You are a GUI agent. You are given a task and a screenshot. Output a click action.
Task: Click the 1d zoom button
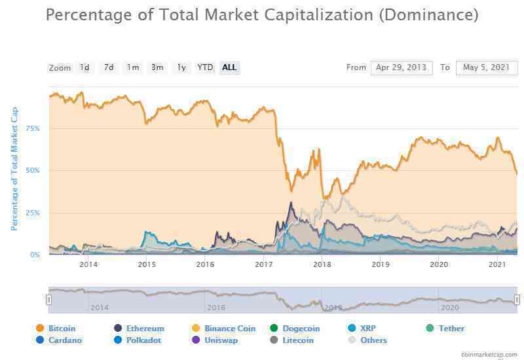tap(84, 67)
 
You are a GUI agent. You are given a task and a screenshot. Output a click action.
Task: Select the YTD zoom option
tap(205, 67)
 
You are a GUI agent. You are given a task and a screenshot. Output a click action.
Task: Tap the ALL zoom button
tap(230, 67)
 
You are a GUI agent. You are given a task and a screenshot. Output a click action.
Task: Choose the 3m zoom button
tap(157, 67)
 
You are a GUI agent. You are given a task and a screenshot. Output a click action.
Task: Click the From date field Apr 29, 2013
tap(402, 68)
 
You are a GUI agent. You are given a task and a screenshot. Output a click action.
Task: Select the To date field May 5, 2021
tap(486, 68)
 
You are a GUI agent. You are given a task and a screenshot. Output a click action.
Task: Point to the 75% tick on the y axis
tap(33, 128)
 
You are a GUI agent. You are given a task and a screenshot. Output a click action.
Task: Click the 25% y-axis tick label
tap(33, 213)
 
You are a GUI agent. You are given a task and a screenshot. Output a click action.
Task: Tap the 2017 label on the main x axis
tap(264, 264)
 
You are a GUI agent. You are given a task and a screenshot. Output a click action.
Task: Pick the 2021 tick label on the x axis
tap(497, 264)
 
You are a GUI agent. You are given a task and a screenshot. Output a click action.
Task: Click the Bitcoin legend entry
tap(56, 329)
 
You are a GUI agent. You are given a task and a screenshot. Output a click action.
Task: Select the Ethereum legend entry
tap(139, 329)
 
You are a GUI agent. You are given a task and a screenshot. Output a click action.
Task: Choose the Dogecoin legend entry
tap(295, 329)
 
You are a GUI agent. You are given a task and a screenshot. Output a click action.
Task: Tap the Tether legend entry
tap(445, 329)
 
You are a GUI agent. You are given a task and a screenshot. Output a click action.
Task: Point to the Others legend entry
tap(367, 340)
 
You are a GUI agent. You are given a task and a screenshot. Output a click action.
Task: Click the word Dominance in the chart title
tap(429, 15)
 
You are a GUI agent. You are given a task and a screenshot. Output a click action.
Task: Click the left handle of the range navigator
tap(48, 300)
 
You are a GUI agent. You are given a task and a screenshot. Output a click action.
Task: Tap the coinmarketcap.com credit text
tap(489, 354)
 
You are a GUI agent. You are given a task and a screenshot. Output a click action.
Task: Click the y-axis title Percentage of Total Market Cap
tap(14, 169)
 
